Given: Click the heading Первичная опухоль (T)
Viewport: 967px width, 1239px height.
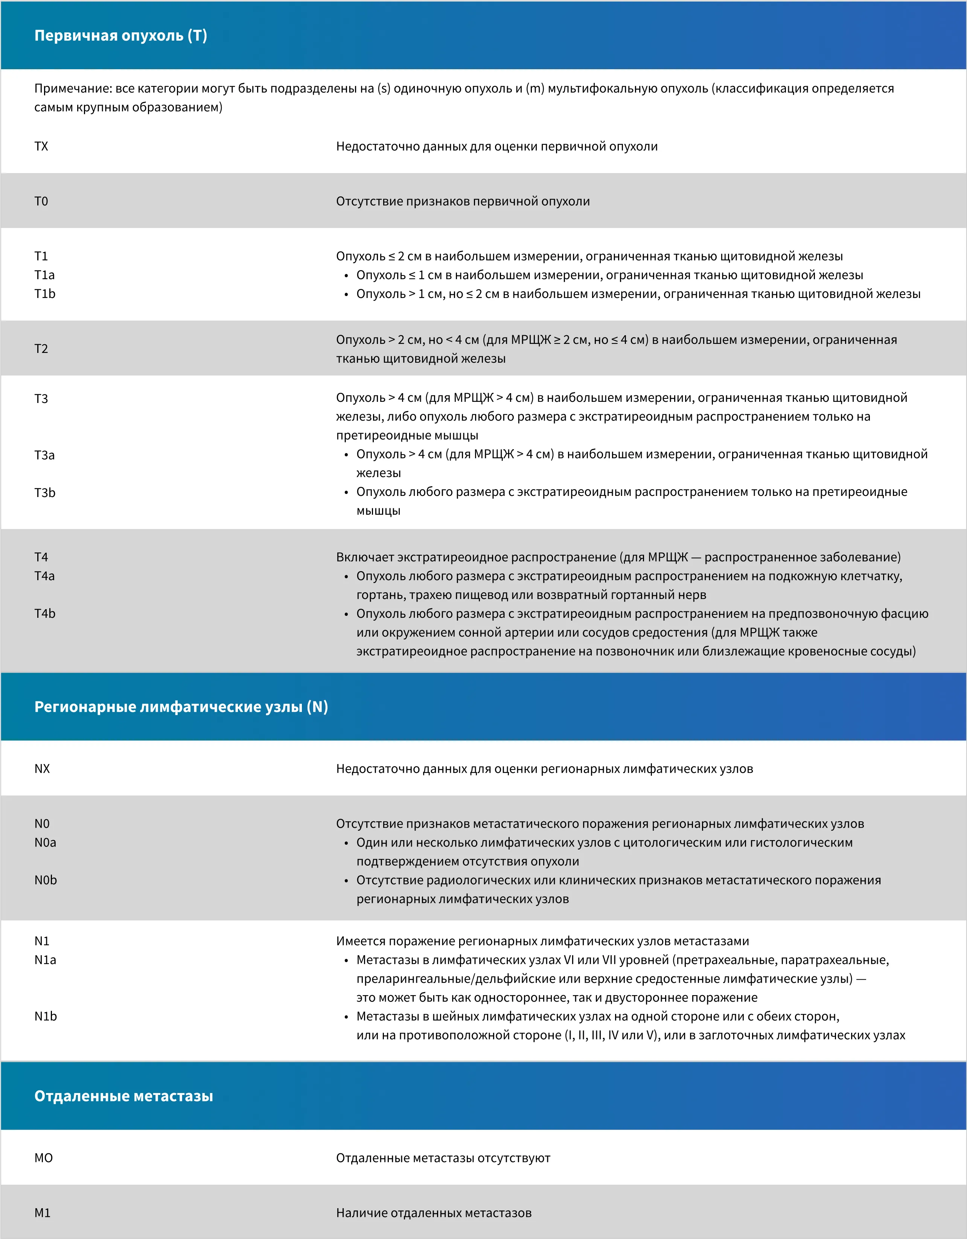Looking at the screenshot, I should (120, 36).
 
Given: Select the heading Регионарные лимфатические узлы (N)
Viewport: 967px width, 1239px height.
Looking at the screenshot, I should (181, 707).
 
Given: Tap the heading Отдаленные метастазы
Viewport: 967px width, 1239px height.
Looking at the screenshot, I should (124, 1096).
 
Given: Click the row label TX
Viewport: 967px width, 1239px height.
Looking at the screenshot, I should (41, 146).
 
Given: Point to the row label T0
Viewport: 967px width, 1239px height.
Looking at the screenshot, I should (41, 201).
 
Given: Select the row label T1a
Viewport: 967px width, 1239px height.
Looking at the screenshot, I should (44, 275).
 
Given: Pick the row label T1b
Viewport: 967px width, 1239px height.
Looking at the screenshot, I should (45, 294).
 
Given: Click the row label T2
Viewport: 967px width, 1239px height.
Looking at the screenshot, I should (41, 349).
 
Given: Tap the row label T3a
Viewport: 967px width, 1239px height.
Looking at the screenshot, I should (44, 455).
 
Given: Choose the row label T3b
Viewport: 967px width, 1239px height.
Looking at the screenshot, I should (45, 493).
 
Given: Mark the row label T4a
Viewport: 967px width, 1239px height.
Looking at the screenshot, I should (44, 576).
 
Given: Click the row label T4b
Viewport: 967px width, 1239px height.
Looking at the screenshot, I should (45, 613).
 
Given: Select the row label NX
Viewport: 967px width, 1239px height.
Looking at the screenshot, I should (42, 769).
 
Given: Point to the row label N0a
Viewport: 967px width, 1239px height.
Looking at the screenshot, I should (46, 842).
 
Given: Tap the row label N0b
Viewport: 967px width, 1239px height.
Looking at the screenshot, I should (46, 880).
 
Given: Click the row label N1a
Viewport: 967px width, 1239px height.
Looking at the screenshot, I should (46, 960).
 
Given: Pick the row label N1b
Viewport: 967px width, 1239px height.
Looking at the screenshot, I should (46, 1016).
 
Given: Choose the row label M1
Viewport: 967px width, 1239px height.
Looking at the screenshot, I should (43, 1213).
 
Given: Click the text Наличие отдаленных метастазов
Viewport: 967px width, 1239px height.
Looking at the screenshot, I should (434, 1213).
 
